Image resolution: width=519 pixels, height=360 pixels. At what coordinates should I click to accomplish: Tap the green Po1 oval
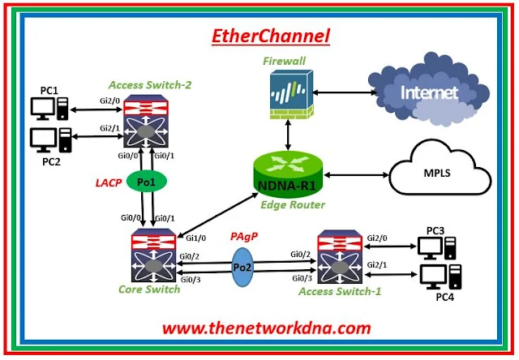(147, 183)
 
